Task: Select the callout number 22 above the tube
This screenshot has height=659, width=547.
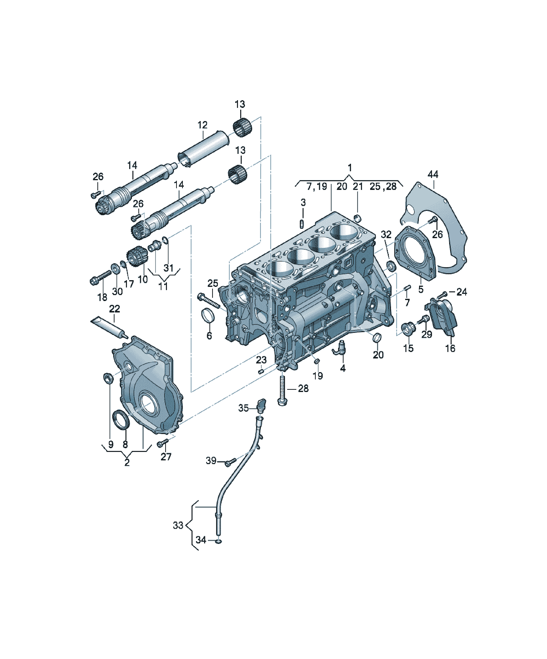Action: [x=115, y=309]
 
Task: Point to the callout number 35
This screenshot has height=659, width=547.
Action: [x=243, y=408]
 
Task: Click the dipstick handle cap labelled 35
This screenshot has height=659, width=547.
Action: [x=261, y=405]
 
